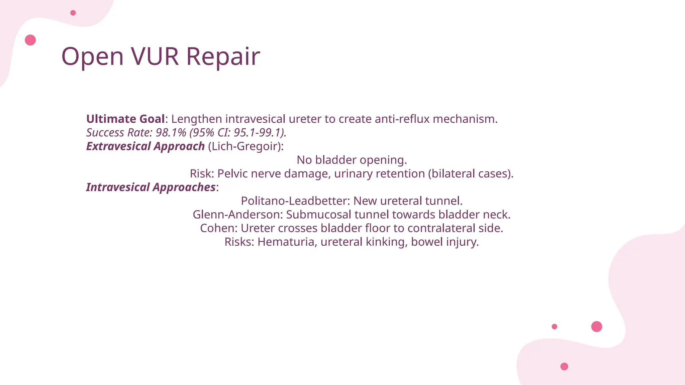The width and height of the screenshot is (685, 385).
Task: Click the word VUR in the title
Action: click(155, 56)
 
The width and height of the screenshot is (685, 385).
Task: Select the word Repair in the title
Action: click(223, 56)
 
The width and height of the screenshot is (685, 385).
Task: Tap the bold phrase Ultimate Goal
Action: click(125, 119)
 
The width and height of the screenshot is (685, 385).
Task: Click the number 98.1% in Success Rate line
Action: click(171, 133)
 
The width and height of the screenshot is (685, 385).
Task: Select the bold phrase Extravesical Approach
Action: click(145, 146)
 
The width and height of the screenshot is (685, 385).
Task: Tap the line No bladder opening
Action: click(352, 160)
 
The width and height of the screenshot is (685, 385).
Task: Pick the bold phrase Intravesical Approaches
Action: click(151, 187)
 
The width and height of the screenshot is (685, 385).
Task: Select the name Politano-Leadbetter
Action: click(295, 201)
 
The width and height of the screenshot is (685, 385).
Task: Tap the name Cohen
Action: click(218, 229)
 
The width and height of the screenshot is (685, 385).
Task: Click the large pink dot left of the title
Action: click(30, 40)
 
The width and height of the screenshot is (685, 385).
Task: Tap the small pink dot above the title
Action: click(73, 13)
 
